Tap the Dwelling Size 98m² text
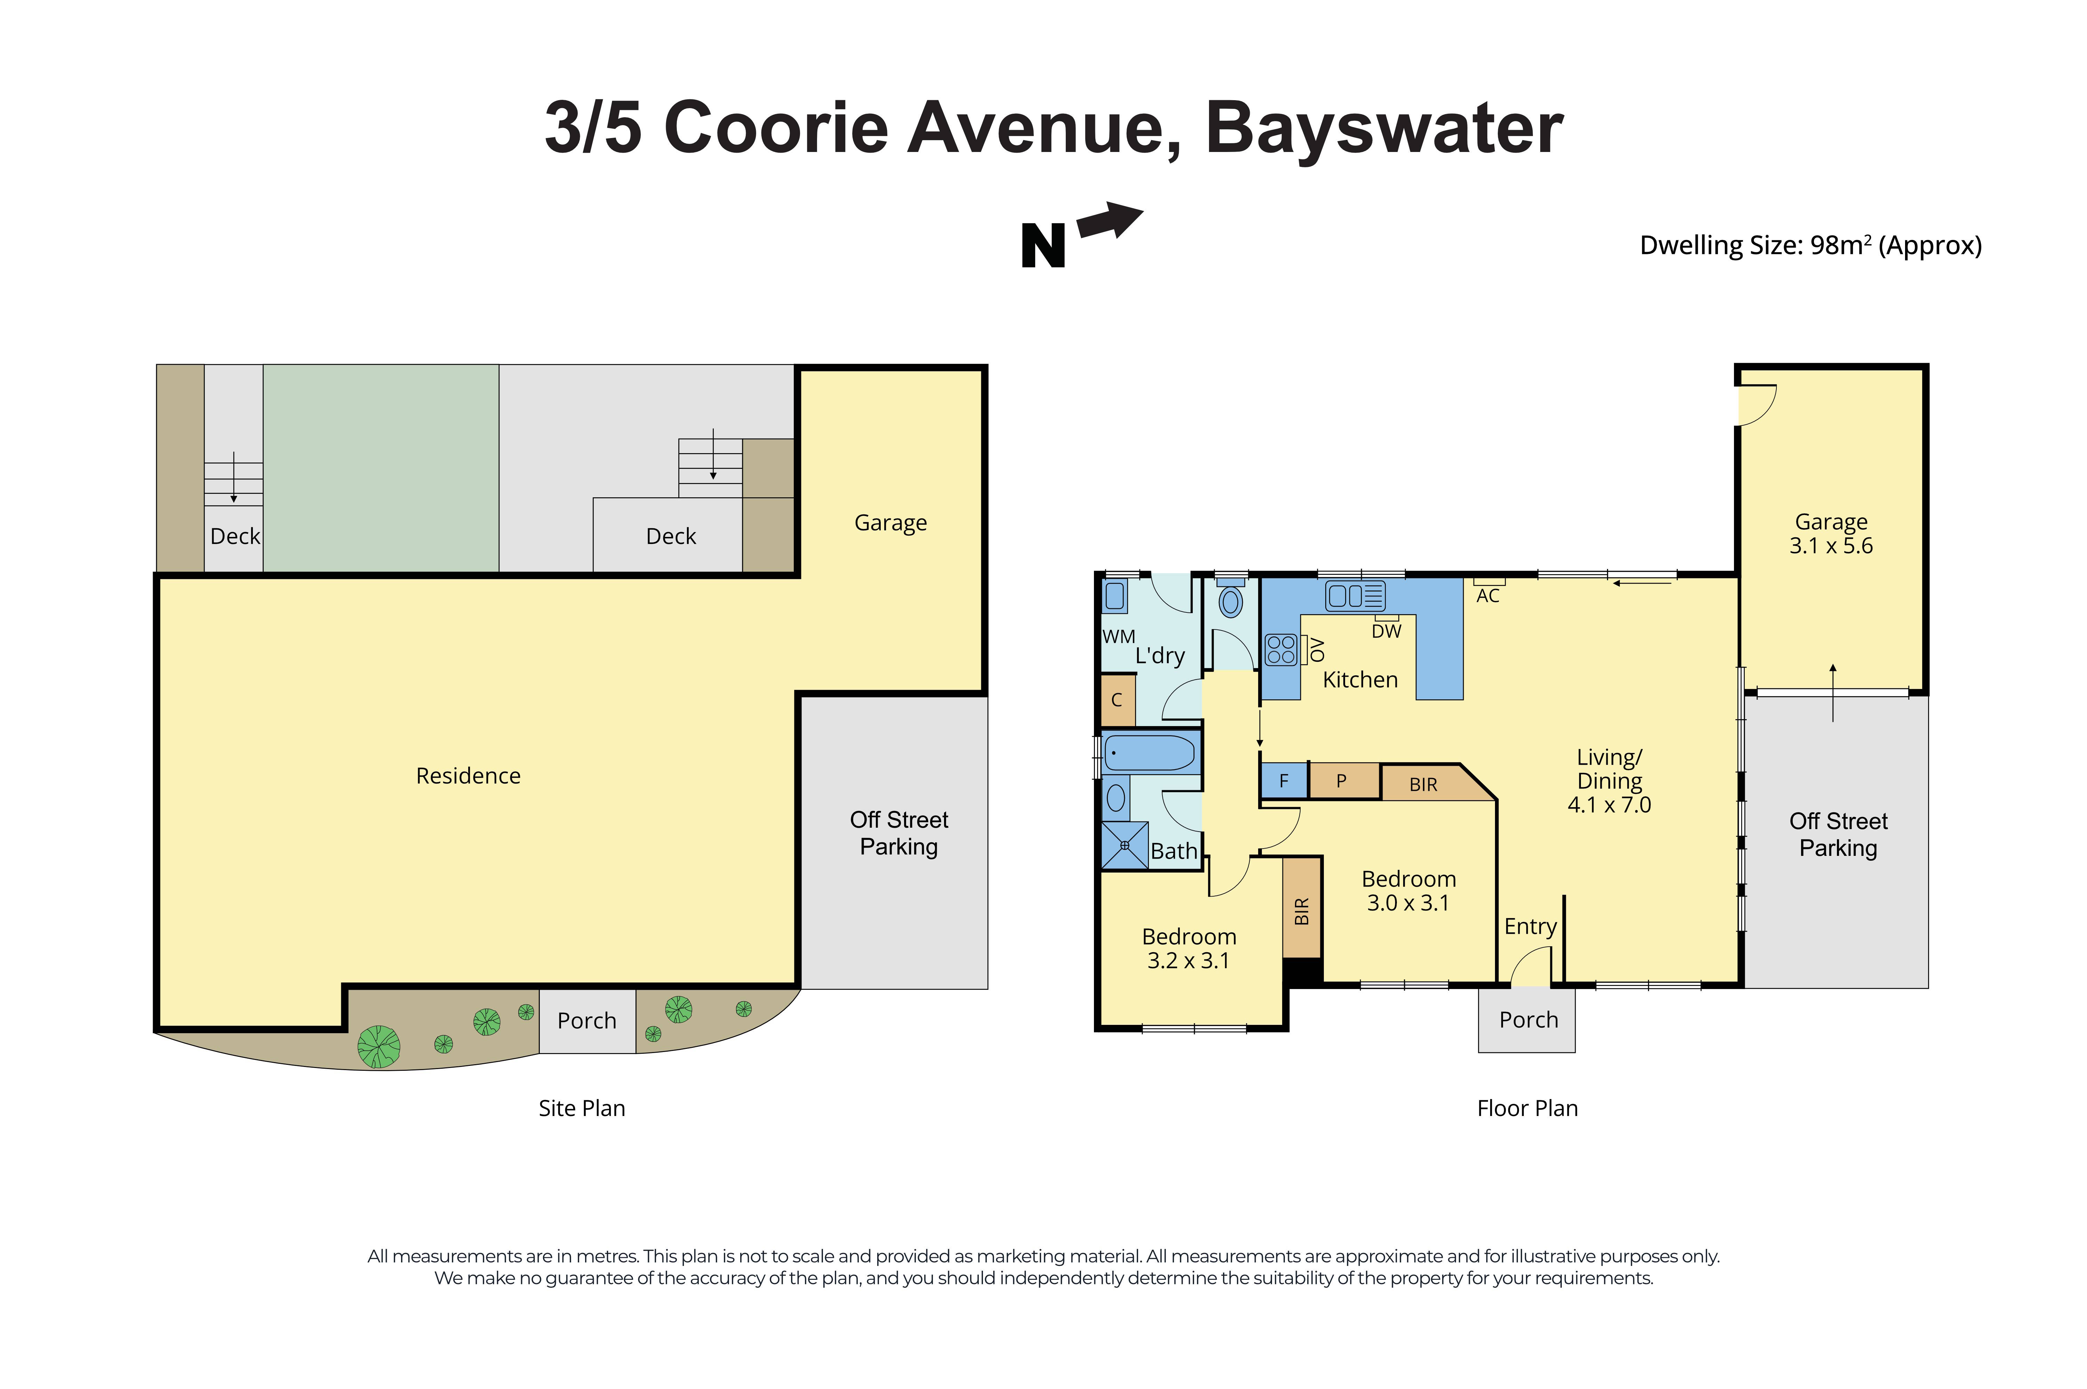pyautogui.click(x=1810, y=246)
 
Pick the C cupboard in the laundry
pyautogui.click(x=1117, y=700)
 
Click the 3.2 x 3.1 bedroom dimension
pyautogui.click(x=1188, y=960)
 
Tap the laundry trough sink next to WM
pyautogui.click(x=1114, y=596)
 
